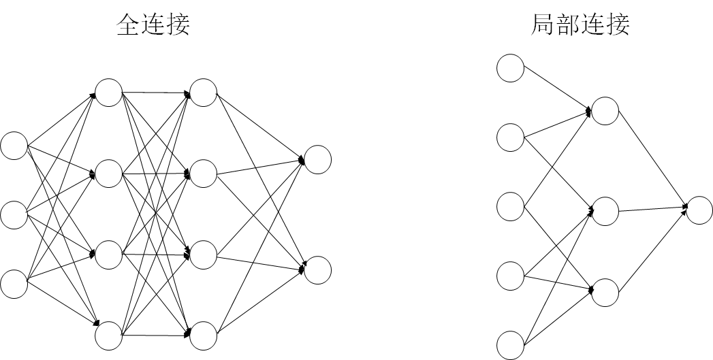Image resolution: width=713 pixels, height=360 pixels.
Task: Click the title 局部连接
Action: coord(580,24)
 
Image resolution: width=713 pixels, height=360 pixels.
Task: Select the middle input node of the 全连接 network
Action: coord(14,215)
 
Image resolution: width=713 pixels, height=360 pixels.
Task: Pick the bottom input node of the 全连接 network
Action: coord(14,284)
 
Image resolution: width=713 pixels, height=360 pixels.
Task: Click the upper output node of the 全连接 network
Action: coord(317,159)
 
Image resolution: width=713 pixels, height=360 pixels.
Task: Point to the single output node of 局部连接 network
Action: coord(699,210)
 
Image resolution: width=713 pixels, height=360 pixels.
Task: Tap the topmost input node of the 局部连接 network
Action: coord(510,68)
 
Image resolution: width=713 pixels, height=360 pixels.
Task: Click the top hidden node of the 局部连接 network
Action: coord(605,111)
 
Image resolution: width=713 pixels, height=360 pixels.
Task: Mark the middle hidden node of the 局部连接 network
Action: coord(605,210)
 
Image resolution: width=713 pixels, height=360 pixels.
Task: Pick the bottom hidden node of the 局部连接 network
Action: coord(605,291)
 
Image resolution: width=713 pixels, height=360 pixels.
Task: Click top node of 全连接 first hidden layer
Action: coord(108,93)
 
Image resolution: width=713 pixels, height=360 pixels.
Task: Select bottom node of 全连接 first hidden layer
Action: coord(108,336)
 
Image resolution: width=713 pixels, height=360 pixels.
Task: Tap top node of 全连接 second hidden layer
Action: coord(203,93)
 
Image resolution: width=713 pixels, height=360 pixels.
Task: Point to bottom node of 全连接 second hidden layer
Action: coord(203,336)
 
